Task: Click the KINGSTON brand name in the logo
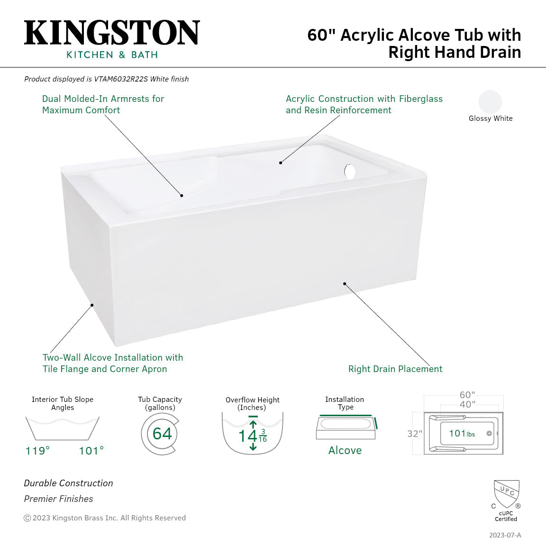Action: pos(112,33)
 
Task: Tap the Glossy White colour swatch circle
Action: pos(490,101)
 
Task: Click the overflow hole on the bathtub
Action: pos(350,172)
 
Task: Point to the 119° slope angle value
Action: pos(37,450)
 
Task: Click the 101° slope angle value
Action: pos(91,450)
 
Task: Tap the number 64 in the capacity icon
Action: pos(162,433)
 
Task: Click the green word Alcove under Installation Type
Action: pos(345,450)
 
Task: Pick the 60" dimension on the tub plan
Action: pos(467,395)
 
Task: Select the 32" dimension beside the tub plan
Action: pos(414,434)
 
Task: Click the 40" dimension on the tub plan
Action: pos(467,404)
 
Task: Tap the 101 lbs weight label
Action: pos(462,433)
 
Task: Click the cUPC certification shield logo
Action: pos(506,494)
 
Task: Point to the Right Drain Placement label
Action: pos(395,369)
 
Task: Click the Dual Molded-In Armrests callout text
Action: pos(103,104)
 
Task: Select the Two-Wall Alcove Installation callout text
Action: pos(112,363)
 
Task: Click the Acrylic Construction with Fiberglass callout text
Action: pos(364,104)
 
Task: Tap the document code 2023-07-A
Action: pos(505,535)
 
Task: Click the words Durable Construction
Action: pos(69,483)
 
